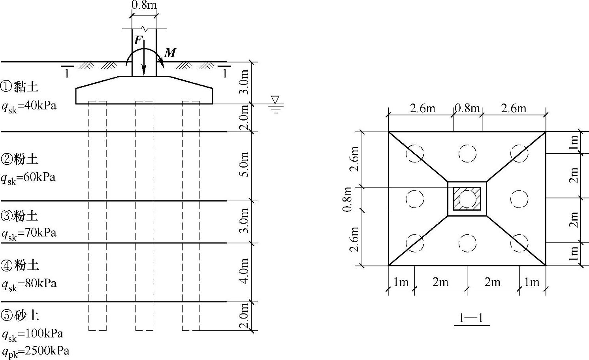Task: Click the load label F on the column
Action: click(138, 40)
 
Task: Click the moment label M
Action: click(170, 53)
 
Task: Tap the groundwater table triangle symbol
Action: click(275, 100)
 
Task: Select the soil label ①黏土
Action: click(19, 87)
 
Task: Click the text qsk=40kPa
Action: click(29, 107)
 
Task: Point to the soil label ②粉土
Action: click(19, 159)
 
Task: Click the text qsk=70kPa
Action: click(29, 234)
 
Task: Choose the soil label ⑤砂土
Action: click(20, 315)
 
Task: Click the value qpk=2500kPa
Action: click(36, 352)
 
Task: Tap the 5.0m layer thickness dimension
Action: click(244, 165)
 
